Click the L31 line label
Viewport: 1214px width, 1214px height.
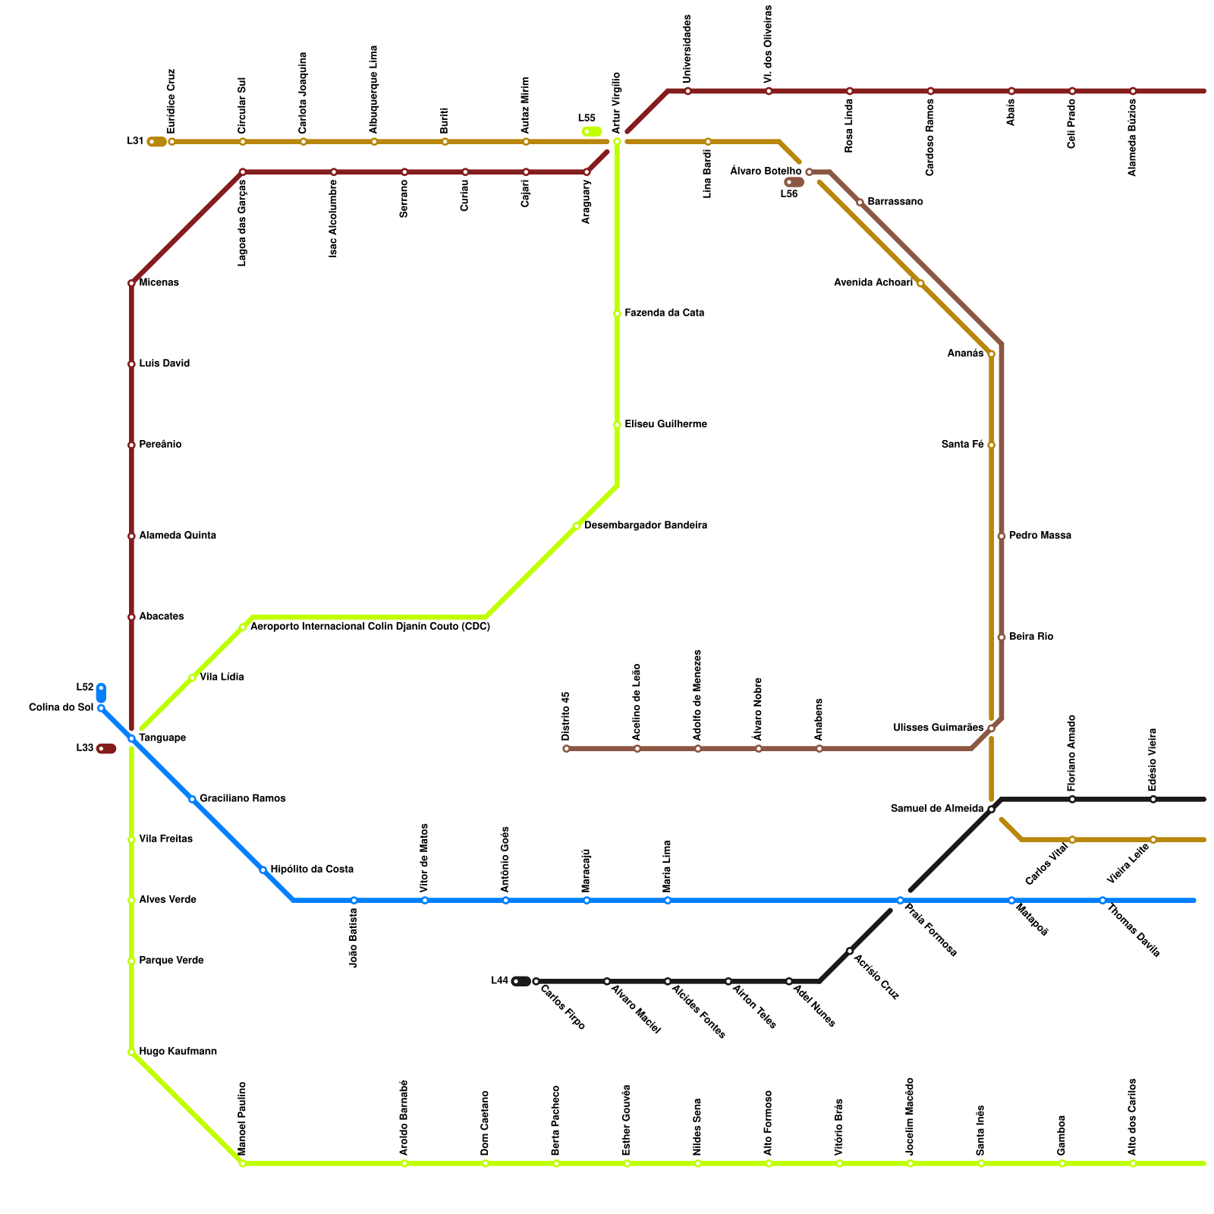point(135,141)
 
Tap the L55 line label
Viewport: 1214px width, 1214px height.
point(587,118)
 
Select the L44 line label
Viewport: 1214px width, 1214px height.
point(499,980)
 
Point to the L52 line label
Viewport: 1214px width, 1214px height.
point(84,687)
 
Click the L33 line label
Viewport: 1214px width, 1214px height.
point(84,748)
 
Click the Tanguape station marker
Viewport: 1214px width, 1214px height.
point(131,738)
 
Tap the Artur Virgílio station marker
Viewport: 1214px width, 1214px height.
point(617,142)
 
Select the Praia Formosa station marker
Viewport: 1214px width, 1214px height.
point(900,901)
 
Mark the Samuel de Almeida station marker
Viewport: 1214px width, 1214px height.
point(991,810)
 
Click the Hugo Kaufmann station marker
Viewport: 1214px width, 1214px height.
point(131,1052)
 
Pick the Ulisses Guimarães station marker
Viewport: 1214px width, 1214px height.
point(991,728)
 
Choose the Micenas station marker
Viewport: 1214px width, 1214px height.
point(131,284)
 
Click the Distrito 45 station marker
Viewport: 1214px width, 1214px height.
point(566,749)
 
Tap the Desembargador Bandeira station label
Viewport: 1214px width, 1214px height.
point(646,526)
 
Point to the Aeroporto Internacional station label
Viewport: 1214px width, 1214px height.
point(370,627)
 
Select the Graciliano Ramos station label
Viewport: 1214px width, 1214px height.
point(243,799)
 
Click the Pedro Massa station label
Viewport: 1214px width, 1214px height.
point(1040,536)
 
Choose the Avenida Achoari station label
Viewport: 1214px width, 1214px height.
point(873,283)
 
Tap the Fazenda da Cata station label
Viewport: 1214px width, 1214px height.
point(665,313)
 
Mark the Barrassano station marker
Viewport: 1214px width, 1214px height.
point(860,203)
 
